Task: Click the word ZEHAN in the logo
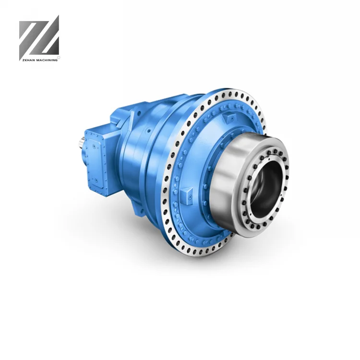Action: [x=28, y=60]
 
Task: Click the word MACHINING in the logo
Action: [x=47, y=60]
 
